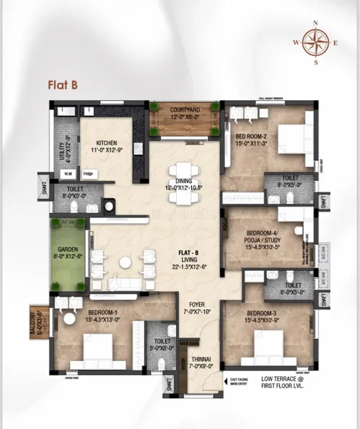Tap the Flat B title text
pyautogui.click(x=63, y=84)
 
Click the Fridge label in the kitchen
pyautogui.click(x=87, y=174)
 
